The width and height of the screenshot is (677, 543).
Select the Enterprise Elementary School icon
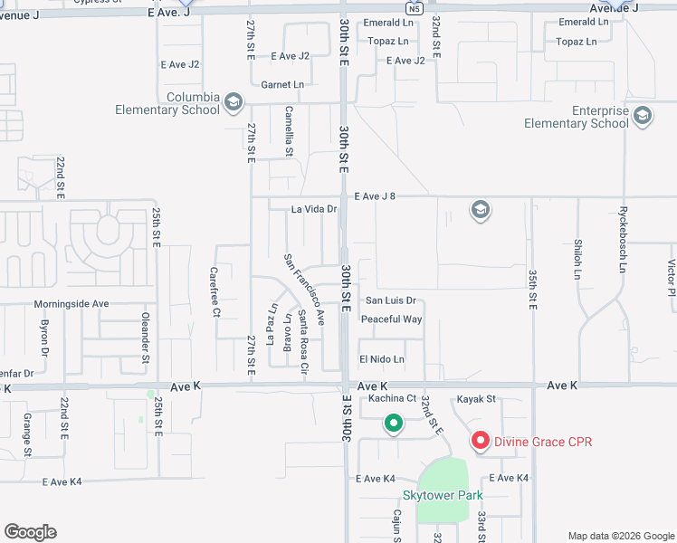point(643,115)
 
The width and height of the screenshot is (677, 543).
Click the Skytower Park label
point(443,495)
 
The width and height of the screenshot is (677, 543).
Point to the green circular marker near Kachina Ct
point(393,423)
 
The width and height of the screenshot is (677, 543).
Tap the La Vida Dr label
point(313,209)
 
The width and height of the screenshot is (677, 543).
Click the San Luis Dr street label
point(390,300)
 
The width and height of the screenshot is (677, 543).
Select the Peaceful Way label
point(391,319)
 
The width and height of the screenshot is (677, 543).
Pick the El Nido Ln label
point(381,359)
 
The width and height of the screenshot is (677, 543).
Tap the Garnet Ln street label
point(282,85)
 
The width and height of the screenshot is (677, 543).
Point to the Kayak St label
point(477,398)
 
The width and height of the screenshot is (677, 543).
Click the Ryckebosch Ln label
point(623,244)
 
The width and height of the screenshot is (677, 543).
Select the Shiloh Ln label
point(577,259)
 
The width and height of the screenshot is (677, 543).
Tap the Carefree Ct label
point(215,291)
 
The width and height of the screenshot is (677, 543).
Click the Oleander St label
point(145,333)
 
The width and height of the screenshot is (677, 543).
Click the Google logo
point(30,532)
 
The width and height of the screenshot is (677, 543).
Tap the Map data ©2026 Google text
point(621,535)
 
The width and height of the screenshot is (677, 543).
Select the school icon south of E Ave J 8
point(480,212)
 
